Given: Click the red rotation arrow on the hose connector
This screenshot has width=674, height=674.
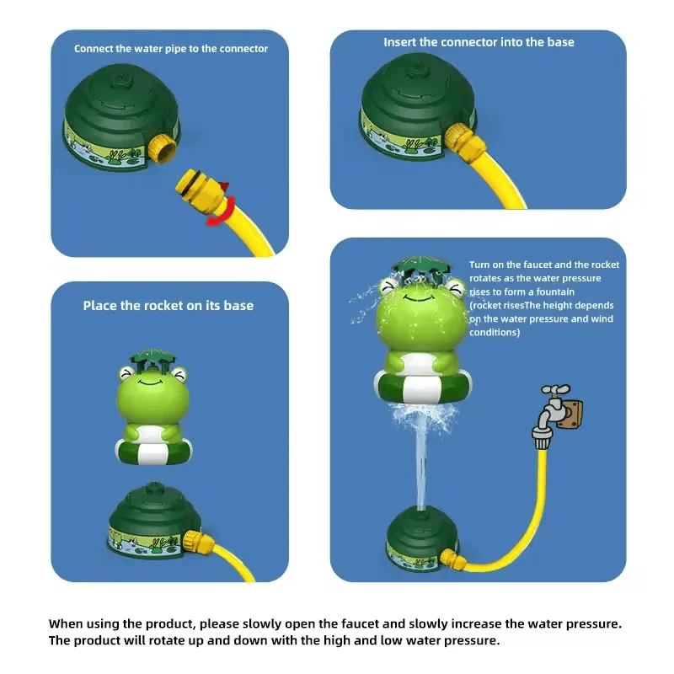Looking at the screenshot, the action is [x=224, y=211].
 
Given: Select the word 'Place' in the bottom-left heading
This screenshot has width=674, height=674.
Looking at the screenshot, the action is [x=99, y=306].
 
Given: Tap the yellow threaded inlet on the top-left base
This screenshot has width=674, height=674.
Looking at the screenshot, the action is [x=162, y=148].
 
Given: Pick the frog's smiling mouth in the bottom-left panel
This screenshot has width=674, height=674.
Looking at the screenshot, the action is [x=151, y=382].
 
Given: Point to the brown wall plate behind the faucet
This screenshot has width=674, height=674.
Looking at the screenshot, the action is [x=572, y=414].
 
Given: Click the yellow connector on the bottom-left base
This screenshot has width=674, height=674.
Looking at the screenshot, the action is [x=198, y=543].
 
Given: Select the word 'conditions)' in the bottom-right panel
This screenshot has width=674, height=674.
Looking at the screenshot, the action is [x=495, y=332].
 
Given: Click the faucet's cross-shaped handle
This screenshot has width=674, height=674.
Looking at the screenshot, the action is [x=556, y=390].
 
